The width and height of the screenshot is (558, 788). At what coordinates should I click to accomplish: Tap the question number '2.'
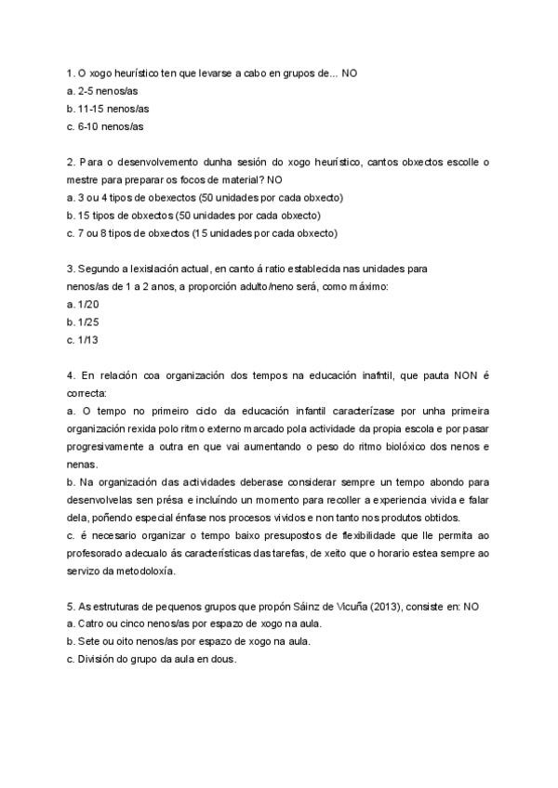tap(71, 162)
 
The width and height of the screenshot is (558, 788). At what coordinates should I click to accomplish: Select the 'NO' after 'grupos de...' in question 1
tap(350, 72)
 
